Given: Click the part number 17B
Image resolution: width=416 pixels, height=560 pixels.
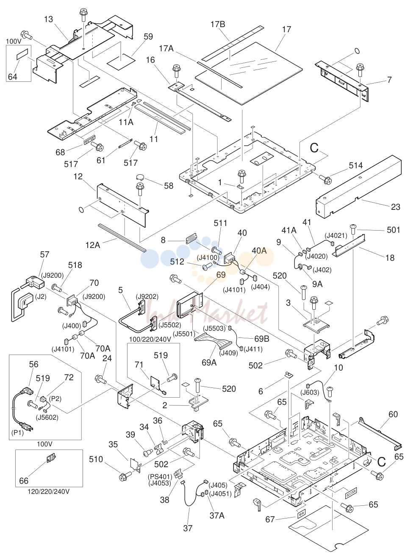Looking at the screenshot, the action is pyautogui.click(x=218, y=25).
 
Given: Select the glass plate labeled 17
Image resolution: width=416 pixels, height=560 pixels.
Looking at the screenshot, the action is pyautogui.click(x=249, y=73).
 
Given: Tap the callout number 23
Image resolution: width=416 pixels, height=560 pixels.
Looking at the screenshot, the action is pyautogui.click(x=396, y=207).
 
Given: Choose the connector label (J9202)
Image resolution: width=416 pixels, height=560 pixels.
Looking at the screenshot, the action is pyautogui.click(x=147, y=296).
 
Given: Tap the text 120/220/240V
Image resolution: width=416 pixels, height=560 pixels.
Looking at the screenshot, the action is pyautogui.click(x=48, y=491).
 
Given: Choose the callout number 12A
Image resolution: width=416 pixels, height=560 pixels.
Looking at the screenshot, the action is pyautogui.click(x=93, y=245).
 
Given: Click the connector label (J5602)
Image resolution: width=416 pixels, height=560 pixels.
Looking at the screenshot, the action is pyautogui.click(x=47, y=417).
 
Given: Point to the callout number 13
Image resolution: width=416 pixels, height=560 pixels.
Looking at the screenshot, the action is pyautogui.click(x=49, y=19).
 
